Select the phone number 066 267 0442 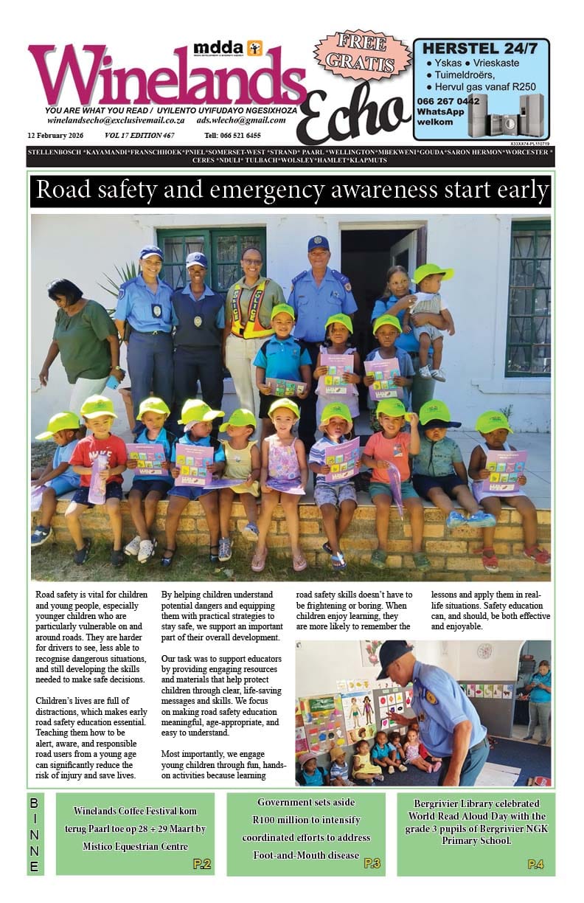tap(448, 101)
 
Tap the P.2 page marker tap(201, 864)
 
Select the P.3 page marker tap(372, 863)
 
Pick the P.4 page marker tap(535, 864)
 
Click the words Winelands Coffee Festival tap(119, 810)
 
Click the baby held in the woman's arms tap(430, 310)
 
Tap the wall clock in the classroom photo tap(484, 651)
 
